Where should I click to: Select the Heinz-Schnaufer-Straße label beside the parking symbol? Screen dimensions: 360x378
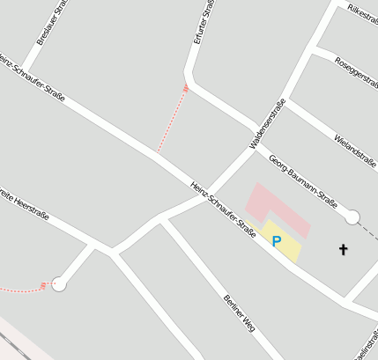pos(223,209)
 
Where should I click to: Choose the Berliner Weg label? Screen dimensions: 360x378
pos(239,313)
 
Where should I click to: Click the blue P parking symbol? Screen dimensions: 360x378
pos(277,240)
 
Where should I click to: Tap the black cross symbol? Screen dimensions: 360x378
pos(344,250)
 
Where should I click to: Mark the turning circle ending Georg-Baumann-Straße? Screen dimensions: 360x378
pos(352,217)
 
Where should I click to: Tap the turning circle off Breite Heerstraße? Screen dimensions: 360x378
pos(59,283)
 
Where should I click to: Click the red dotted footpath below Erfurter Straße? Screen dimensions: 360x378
pos(173,121)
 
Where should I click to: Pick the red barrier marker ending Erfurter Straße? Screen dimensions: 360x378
pos(186,88)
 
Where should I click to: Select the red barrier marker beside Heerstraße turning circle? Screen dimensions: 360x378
pos(43,285)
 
